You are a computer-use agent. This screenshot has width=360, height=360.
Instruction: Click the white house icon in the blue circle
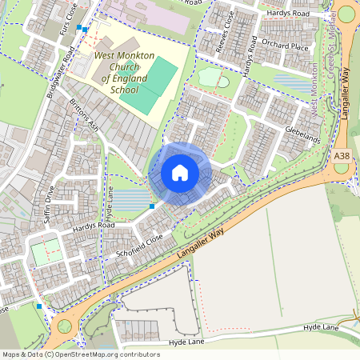point(180,173)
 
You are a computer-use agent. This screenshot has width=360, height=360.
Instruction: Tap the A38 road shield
point(342,155)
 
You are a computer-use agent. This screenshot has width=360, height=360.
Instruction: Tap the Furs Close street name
point(73,14)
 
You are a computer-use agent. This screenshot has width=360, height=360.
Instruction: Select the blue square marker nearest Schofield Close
point(152,206)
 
